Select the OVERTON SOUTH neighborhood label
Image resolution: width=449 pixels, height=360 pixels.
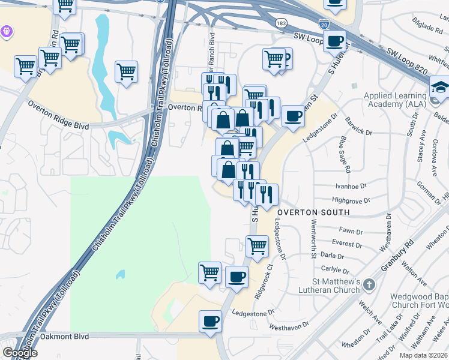[313, 212]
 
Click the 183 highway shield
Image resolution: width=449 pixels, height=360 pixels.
[281, 23]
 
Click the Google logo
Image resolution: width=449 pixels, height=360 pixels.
[20, 353]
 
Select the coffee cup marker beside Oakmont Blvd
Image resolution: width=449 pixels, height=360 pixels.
[210, 321]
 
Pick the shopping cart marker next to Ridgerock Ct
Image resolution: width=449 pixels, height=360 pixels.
[257, 245]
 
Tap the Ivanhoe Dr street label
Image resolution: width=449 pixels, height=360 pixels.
[351, 187]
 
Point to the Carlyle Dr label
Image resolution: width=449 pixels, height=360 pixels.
[334, 270]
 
